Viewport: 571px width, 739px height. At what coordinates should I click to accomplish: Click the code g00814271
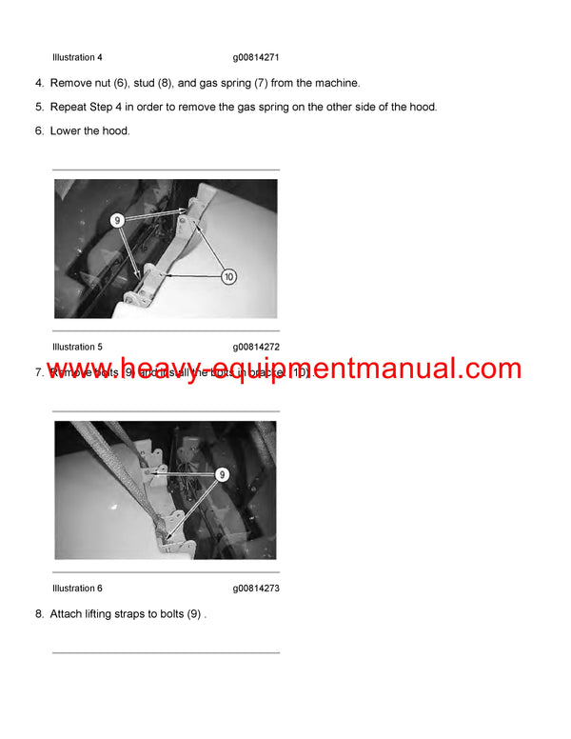[x=256, y=58]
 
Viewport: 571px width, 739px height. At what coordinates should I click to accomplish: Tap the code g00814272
[x=256, y=347]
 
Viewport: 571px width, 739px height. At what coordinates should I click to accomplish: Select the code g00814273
[x=256, y=589]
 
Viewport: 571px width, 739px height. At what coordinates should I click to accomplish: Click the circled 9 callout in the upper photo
[x=118, y=220]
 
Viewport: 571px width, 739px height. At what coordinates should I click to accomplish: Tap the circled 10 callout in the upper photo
[x=228, y=277]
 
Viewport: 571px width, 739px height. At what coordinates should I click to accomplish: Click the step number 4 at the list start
[x=38, y=84]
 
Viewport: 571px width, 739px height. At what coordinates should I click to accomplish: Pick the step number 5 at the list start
[x=38, y=107]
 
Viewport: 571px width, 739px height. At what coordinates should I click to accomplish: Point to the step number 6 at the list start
[x=38, y=130]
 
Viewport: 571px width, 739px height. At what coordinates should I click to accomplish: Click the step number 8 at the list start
[x=38, y=614]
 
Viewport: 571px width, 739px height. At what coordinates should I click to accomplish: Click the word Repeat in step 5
[x=69, y=107]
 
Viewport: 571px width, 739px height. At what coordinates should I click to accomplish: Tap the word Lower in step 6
[x=66, y=130]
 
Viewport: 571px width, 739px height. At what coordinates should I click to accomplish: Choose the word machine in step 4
[x=334, y=84]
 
